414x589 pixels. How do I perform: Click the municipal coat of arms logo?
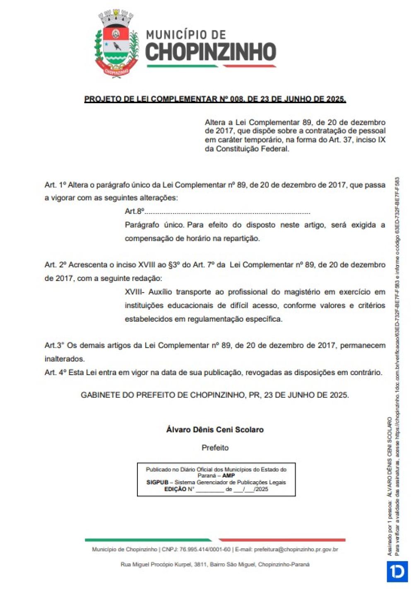click(x=117, y=45)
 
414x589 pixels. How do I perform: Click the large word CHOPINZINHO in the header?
click(x=210, y=52)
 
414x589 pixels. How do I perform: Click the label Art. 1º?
click(x=55, y=185)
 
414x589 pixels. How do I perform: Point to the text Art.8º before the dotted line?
click(x=134, y=211)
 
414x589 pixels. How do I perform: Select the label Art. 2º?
click(x=55, y=265)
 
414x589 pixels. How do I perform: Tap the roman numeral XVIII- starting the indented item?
click(x=135, y=292)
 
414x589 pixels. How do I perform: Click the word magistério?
click(x=302, y=292)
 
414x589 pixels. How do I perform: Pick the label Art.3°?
click(x=54, y=345)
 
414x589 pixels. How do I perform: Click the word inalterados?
click(x=64, y=359)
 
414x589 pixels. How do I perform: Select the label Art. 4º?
click(x=55, y=373)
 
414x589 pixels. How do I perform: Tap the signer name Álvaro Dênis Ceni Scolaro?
click(x=215, y=430)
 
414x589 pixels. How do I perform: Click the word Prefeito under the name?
click(x=215, y=448)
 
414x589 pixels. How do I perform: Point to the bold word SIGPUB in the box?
click(x=157, y=482)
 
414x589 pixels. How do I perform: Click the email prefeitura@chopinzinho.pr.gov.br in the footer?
click(x=296, y=550)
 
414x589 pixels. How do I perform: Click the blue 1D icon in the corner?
click(x=397, y=572)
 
